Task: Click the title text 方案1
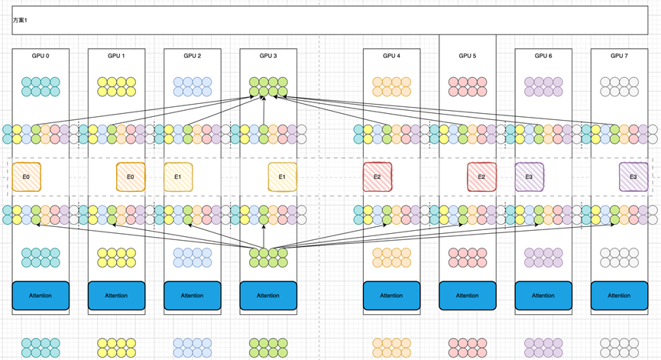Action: [20, 20]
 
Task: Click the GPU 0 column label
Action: [41, 56]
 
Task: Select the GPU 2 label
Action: [193, 56]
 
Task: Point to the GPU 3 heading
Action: [267, 56]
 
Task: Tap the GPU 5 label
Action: [467, 56]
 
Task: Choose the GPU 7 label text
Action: [619, 56]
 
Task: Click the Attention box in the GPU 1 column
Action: [116, 296]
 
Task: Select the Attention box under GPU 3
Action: [268, 296]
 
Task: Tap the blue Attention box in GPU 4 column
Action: [391, 296]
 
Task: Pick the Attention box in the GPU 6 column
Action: [543, 296]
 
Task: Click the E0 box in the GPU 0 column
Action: [26, 177]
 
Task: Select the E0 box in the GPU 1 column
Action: [131, 177]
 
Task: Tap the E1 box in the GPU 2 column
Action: [178, 177]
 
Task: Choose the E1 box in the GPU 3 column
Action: [282, 177]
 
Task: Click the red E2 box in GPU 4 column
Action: [377, 177]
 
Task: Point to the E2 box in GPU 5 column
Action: [481, 177]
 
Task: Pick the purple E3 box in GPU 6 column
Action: [529, 177]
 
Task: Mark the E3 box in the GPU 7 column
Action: [633, 177]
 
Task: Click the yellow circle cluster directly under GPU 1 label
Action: [116, 86]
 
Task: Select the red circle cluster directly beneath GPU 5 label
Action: [467, 86]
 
